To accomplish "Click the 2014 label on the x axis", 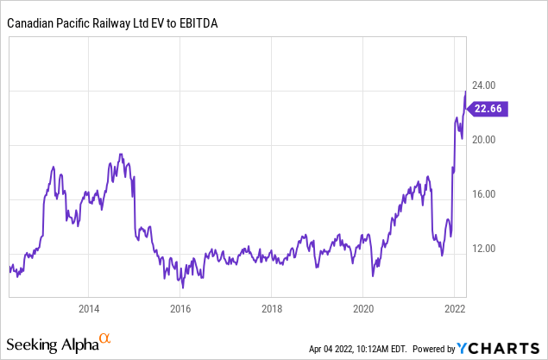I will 87,306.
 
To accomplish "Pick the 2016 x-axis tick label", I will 180,306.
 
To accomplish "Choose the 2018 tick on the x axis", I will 271,306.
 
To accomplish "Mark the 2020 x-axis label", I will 363,306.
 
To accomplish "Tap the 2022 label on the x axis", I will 455,306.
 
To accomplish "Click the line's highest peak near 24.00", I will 466,91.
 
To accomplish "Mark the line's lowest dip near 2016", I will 183,286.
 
